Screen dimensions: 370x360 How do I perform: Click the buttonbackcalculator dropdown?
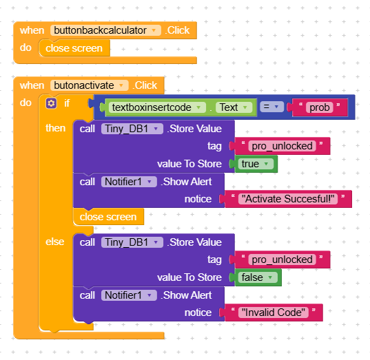pos(105,30)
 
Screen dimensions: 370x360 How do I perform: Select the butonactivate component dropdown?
pos(89,85)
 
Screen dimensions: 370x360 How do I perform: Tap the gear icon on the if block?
pos(51,103)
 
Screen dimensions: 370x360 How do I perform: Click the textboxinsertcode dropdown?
pos(157,107)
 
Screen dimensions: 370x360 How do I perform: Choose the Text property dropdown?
pos(234,107)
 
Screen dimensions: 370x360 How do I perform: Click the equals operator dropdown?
pos(271,107)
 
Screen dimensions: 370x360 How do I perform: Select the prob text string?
pos(319,107)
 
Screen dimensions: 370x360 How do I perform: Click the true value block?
pos(256,164)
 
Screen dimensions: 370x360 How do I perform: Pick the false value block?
pos(258,277)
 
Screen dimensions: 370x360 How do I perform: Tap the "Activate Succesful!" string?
pos(288,199)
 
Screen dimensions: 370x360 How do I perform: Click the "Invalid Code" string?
pos(274,313)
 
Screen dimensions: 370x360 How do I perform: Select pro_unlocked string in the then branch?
pos(282,146)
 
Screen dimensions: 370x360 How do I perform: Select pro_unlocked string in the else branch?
pos(282,260)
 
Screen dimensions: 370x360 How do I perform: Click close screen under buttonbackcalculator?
pos(74,48)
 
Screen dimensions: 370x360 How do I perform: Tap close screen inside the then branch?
pos(108,217)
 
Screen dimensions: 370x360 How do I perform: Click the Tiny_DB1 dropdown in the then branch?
pos(132,129)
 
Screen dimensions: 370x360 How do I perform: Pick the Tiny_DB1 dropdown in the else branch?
pos(132,242)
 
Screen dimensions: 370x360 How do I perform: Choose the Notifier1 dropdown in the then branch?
pos(129,182)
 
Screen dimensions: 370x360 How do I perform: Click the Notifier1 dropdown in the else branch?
pos(129,295)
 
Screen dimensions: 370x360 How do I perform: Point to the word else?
pos(54,242)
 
